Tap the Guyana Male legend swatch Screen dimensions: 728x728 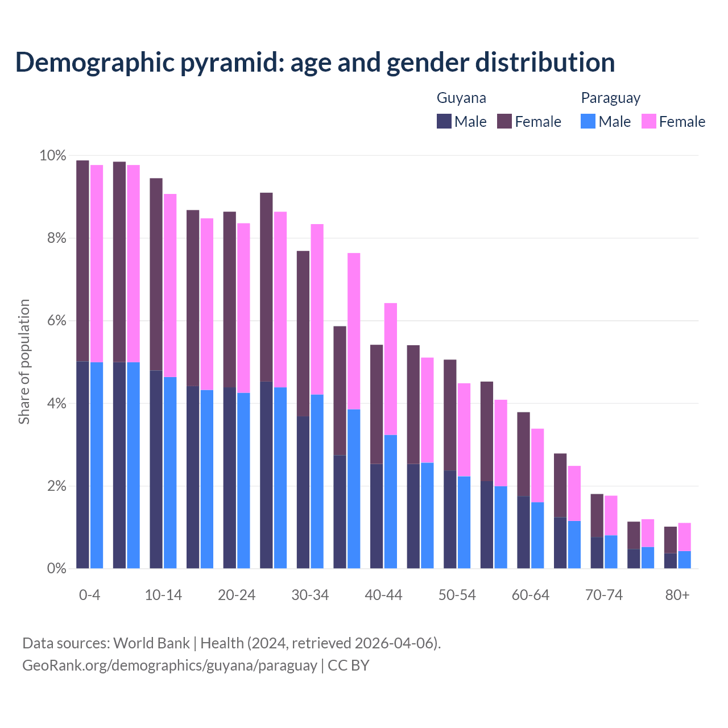(444, 121)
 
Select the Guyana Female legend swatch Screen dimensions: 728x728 (504, 121)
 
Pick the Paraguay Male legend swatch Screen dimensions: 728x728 (588, 121)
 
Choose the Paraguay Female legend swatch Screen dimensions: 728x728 (648, 121)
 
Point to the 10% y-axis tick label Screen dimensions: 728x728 (52, 155)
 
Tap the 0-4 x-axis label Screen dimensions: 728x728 (89, 595)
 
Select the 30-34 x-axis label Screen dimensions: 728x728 (310, 595)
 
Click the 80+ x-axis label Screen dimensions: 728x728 (677, 595)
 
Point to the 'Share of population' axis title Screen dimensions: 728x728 (24, 362)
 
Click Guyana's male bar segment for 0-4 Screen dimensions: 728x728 (82, 465)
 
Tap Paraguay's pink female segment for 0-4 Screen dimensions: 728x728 (97, 263)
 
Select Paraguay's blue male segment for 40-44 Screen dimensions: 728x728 (391, 502)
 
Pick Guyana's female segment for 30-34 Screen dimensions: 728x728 (303, 333)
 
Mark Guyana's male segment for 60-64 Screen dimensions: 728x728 (523, 532)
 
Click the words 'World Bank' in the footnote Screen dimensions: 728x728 (151, 643)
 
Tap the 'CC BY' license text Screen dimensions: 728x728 (349, 665)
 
